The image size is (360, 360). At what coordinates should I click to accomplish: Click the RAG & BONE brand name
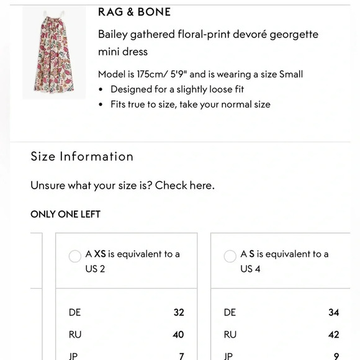point(134,12)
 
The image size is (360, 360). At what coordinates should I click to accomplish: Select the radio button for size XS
point(75,256)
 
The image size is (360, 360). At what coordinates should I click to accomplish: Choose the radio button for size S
point(230,256)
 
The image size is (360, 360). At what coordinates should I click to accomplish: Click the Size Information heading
point(82,156)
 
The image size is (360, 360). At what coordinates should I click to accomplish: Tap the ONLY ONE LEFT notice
point(65,214)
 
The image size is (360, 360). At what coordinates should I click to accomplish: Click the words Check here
point(185,186)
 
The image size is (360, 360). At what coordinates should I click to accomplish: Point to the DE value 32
point(179,313)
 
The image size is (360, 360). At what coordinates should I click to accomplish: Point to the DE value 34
point(334,313)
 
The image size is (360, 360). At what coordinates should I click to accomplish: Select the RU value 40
point(178,335)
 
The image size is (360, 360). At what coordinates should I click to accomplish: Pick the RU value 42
point(333,335)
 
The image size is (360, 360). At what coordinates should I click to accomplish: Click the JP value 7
point(181,356)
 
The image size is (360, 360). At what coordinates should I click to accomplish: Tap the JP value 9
point(336,356)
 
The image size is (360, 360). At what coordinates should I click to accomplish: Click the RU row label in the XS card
point(75,335)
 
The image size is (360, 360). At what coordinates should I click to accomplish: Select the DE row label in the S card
point(230,313)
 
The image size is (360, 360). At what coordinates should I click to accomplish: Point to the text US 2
point(95,269)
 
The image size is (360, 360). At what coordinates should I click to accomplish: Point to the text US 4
point(250,269)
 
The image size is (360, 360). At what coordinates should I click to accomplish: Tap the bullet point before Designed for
point(101,89)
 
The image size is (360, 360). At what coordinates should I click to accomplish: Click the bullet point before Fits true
point(101,105)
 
